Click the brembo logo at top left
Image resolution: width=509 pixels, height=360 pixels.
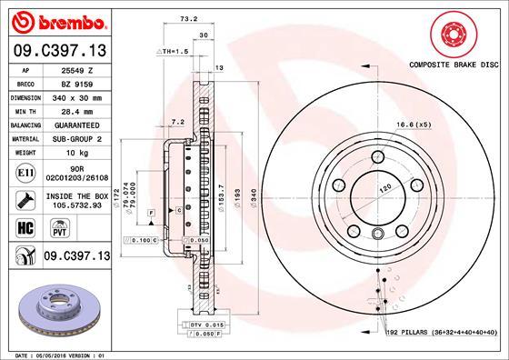[56, 20]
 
